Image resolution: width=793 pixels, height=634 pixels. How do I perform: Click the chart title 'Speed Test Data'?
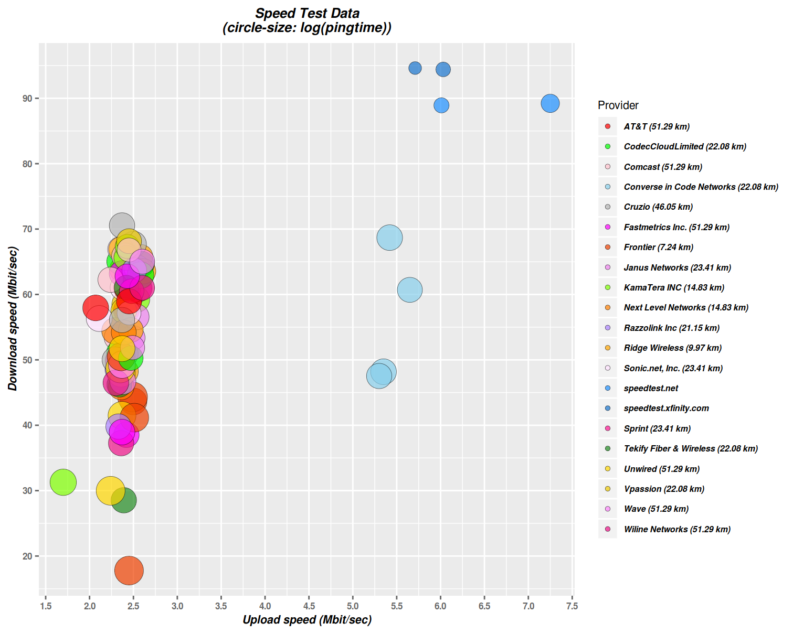coord(307,14)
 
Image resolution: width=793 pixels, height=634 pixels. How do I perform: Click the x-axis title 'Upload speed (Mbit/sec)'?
coord(307,620)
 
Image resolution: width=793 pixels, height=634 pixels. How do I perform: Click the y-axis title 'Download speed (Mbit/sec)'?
coord(13,319)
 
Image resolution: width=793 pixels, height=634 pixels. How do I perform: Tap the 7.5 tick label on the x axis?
coord(572,606)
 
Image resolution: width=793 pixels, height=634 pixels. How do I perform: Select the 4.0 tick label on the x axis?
coord(265,606)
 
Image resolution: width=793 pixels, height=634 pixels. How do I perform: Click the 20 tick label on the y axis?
coord(27,556)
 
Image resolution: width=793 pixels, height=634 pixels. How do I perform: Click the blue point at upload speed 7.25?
coord(550,103)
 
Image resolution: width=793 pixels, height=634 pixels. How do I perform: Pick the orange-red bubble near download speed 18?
coord(129,571)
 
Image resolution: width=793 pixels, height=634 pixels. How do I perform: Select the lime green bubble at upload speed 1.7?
coord(63,482)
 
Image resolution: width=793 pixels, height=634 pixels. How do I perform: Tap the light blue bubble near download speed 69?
coord(389,238)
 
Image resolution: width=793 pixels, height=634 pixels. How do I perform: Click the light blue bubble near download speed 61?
coord(410,289)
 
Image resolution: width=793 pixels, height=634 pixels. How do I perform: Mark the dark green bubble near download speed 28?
coord(124,500)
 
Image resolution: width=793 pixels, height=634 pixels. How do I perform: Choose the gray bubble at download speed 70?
coord(122,225)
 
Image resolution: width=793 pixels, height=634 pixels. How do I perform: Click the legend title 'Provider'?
coord(618,105)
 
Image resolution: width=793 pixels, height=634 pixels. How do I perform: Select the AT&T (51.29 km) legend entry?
coord(656,126)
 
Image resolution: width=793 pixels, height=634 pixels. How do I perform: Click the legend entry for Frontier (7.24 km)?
coord(658,247)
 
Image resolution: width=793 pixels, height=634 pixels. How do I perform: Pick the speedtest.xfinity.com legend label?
coord(666,408)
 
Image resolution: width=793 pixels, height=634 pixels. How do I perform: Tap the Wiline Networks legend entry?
coord(676,529)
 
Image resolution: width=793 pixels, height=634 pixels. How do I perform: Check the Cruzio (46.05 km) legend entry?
coord(658,207)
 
